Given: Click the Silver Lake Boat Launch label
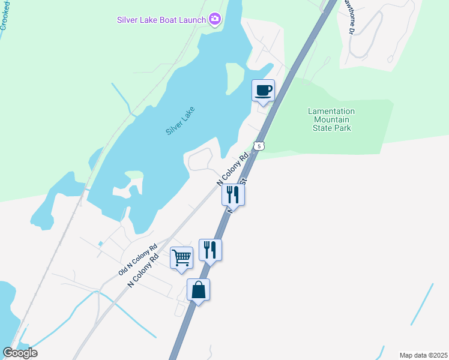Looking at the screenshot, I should click(161, 20).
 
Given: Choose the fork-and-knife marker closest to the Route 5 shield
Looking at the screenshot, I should click(233, 195).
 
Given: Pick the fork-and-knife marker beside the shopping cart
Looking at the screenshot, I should click(210, 250).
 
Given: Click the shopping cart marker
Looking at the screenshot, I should click(181, 258).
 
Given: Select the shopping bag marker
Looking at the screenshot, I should click(198, 290).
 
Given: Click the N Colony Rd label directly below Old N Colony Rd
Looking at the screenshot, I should click(142, 271).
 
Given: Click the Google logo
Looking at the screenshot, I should click(20, 353).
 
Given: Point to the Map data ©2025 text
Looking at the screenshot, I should click(423, 355).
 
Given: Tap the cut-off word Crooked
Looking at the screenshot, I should click(5, 15).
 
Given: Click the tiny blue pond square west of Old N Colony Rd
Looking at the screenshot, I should click(101, 243).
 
